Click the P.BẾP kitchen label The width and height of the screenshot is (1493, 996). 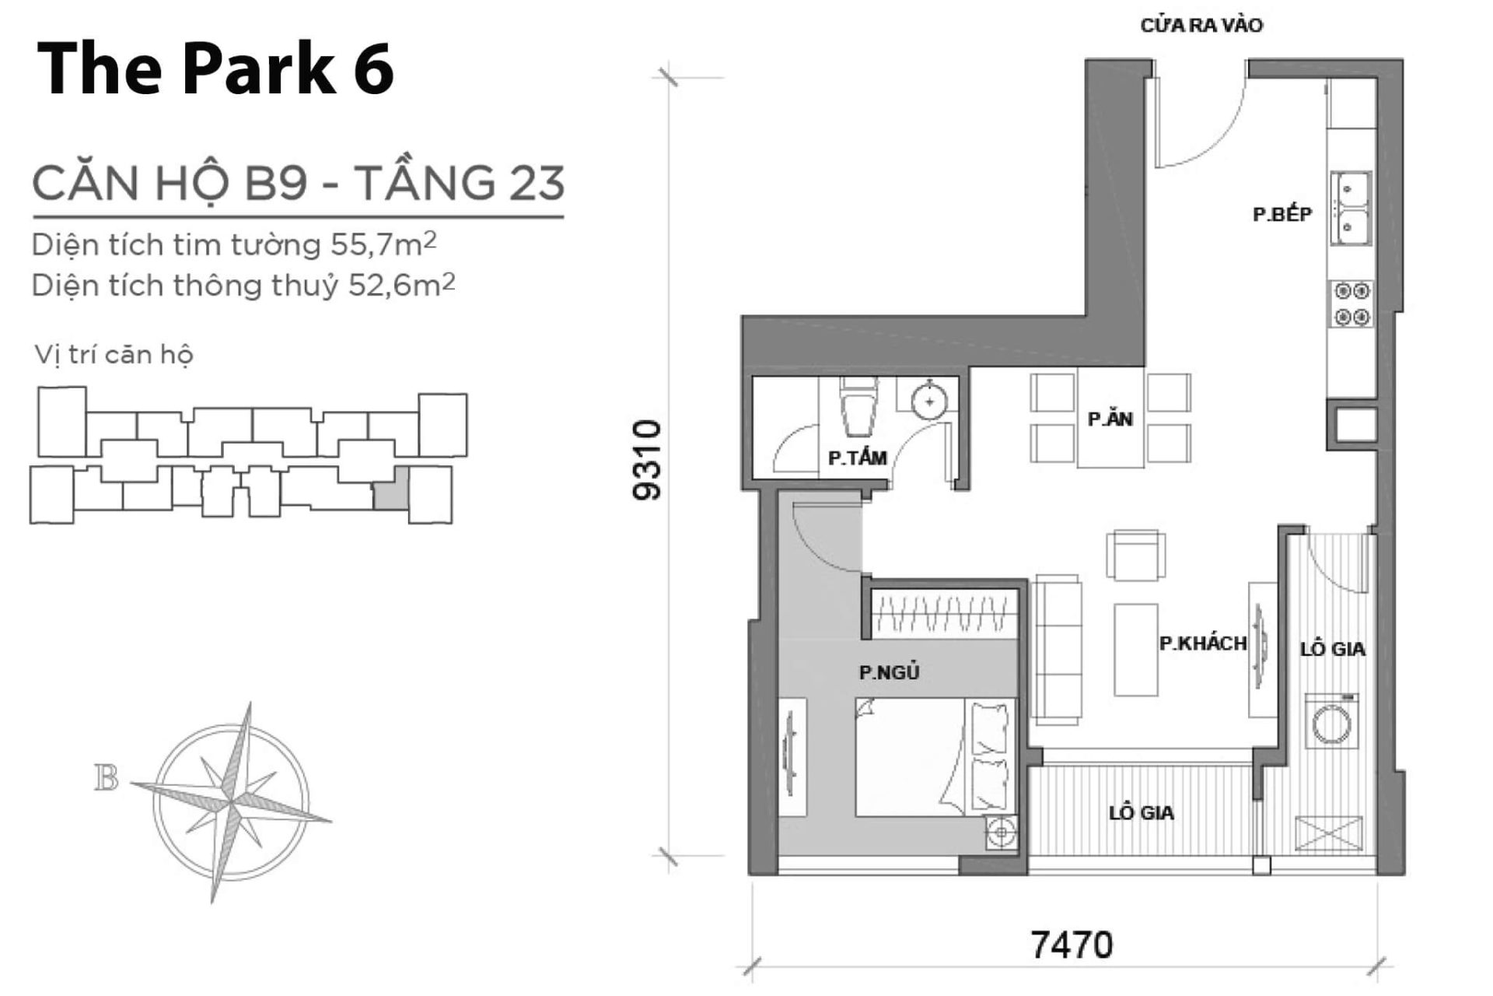click(x=1282, y=214)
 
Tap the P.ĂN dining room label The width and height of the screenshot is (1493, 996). click(x=1110, y=419)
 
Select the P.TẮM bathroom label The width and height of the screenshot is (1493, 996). click(x=857, y=458)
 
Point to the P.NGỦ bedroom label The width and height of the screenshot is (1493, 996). click(x=889, y=672)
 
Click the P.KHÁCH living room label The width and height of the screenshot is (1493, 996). click(x=1202, y=644)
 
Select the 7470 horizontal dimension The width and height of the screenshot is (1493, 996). click(x=1072, y=945)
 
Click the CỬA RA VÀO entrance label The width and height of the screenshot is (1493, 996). click(x=1201, y=26)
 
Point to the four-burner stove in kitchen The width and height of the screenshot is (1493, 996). click(x=1351, y=304)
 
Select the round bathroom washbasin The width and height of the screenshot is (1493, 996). click(x=929, y=402)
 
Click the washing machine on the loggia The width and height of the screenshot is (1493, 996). click(x=1332, y=721)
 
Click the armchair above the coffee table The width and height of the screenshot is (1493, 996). click(x=1136, y=555)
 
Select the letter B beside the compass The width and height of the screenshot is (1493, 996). click(x=107, y=777)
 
